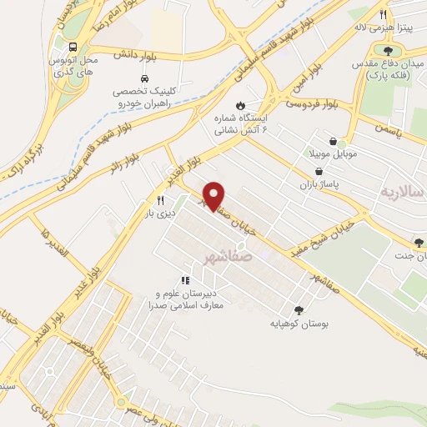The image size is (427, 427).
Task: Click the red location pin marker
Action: coord(215,195)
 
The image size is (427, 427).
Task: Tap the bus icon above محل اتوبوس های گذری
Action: coord(73,47)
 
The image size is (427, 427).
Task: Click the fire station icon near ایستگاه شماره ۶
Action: coord(241,106)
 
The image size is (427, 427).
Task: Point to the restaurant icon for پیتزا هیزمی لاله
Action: coord(383,14)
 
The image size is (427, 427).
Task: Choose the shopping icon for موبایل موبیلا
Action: coord(334,143)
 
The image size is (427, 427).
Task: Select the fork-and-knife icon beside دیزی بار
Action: coord(159,201)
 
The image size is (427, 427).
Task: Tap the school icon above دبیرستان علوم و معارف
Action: coord(185,281)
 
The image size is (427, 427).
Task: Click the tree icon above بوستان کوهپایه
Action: coord(299,309)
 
